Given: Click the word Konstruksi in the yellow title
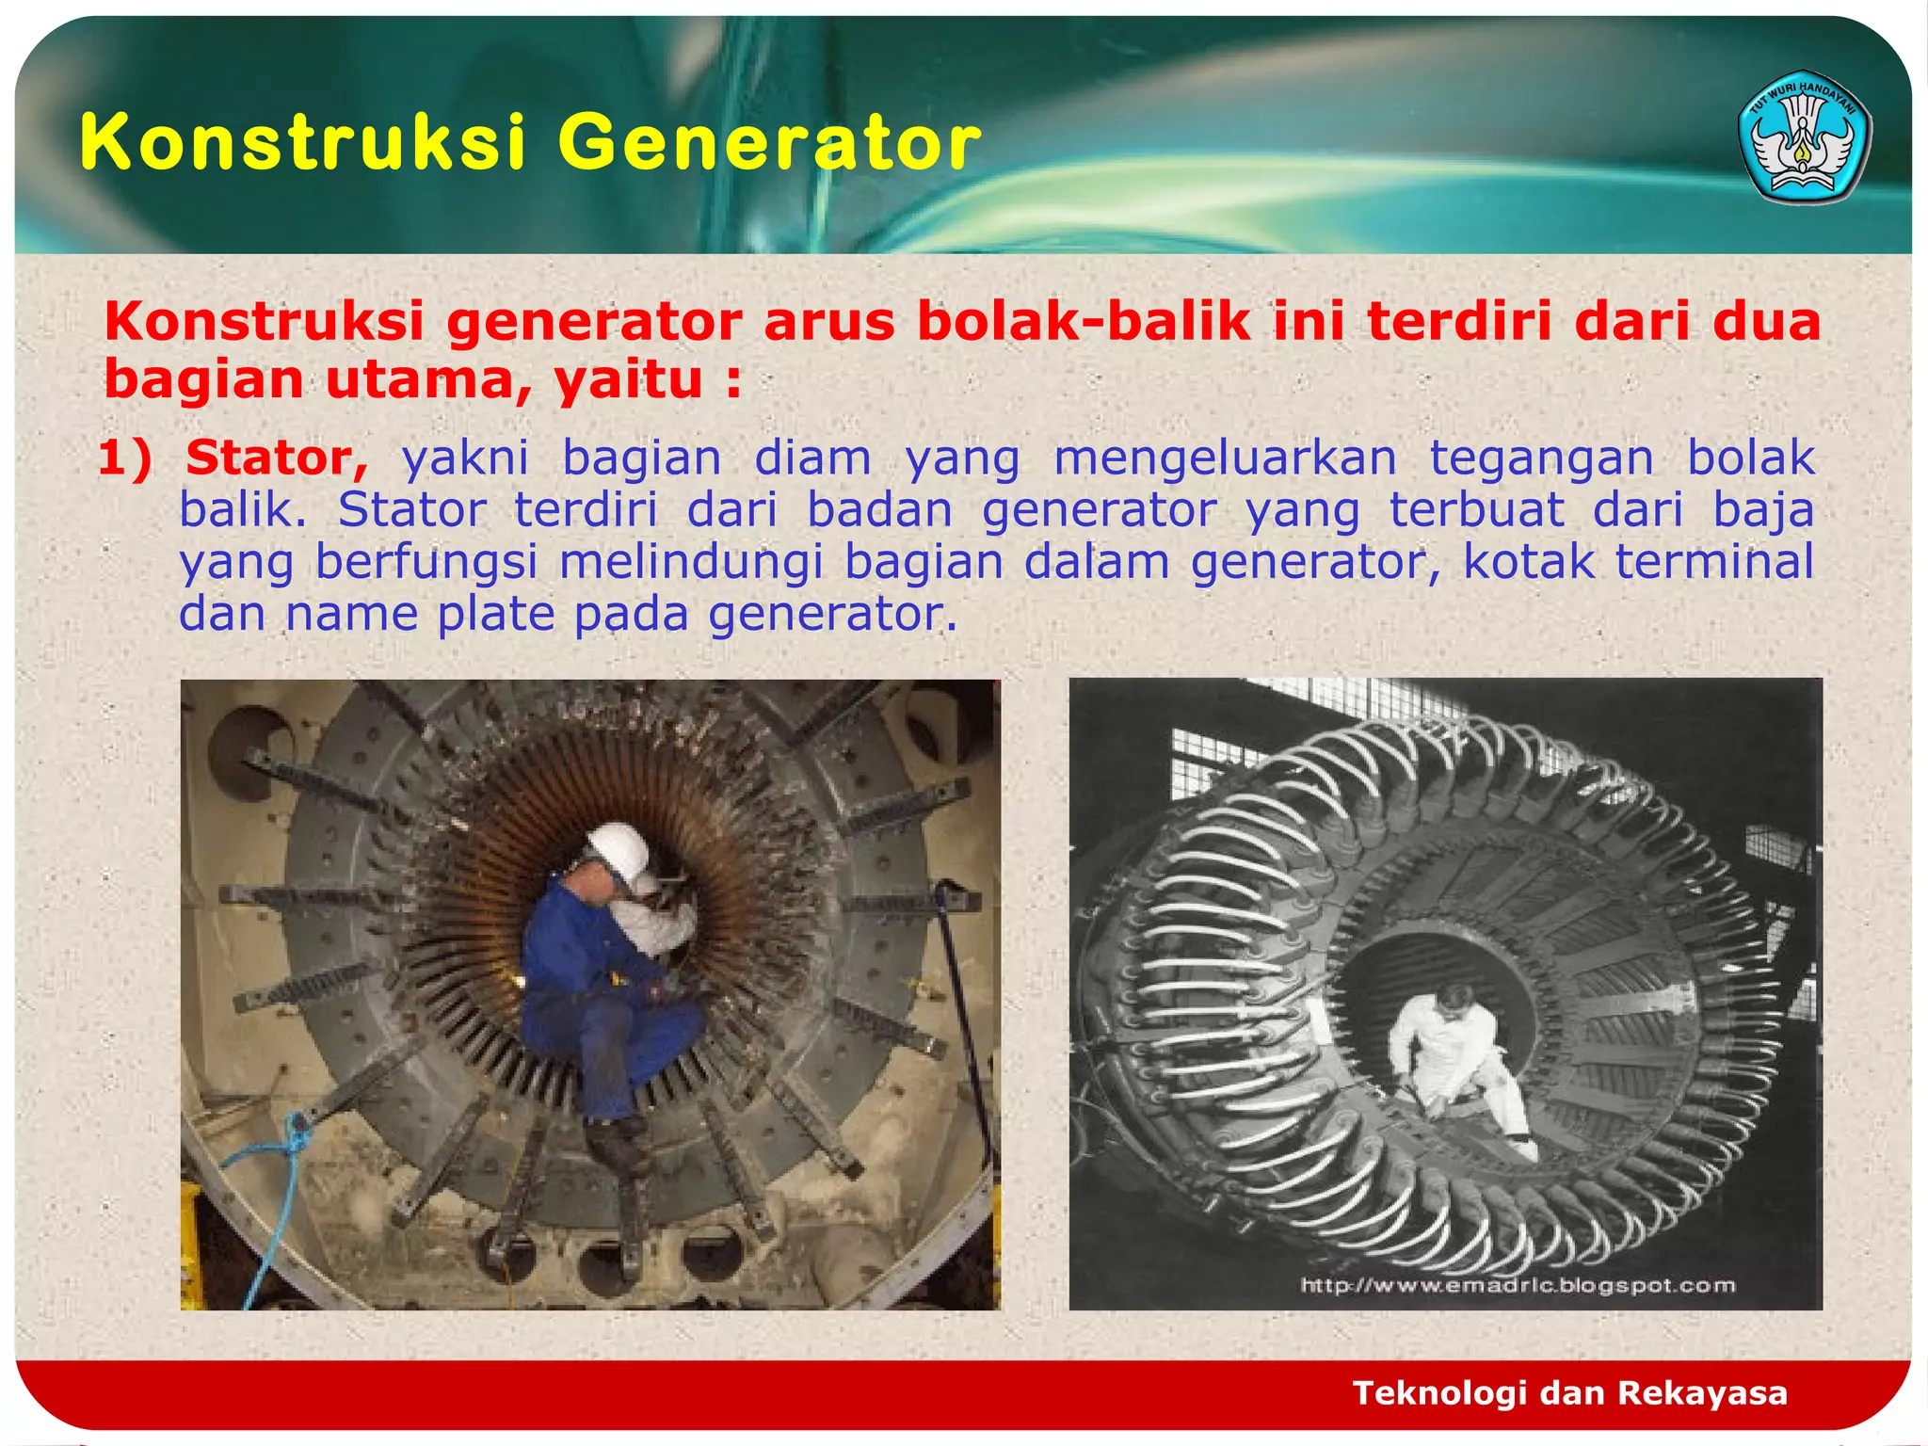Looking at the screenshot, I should click(x=301, y=143).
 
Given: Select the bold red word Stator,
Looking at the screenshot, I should click(x=276, y=458).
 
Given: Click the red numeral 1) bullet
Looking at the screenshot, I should click(x=124, y=458).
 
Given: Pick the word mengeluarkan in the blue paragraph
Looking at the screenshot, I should click(x=1225, y=458).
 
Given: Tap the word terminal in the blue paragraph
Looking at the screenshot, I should click(x=1713, y=562).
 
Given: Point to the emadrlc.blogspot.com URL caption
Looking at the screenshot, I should click(x=1517, y=1286).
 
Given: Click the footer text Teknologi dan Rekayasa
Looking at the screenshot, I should click(x=1569, y=1393).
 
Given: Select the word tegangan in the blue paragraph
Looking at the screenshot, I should click(x=1541, y=458).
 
